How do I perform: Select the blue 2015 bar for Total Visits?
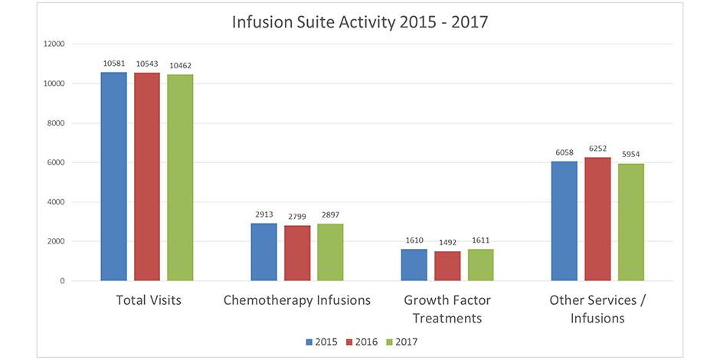pyautogui.click(x=113, y=176)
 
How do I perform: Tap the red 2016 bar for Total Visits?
pyautogui.click(x=146, y=176)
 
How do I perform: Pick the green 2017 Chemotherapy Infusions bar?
pyautogui.click(x=330, y=252)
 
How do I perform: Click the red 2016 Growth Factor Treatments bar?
pyautogui.click(x=447, y=266)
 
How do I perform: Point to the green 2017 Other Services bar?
pyautogui.click(x=631, y=222)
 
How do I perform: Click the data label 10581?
pyautogui.click(x=113, y=64)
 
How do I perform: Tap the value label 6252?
pyautogui.click(x=598, y=150)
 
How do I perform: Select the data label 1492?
pyautogui.click(x=447, y=243)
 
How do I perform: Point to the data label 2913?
pyautogui.click(x=263, y=216)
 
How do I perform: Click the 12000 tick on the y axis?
pyautogui.click(x=74, y=44)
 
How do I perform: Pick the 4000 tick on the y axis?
pyautogui.click(x=77, y=202)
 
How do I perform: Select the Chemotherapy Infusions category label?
pyautogui.click(x=296, y=300)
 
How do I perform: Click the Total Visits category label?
pyautogui.click(x=149, y=300)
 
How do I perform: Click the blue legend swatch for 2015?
pyautogui.click(x=308, y=342)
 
